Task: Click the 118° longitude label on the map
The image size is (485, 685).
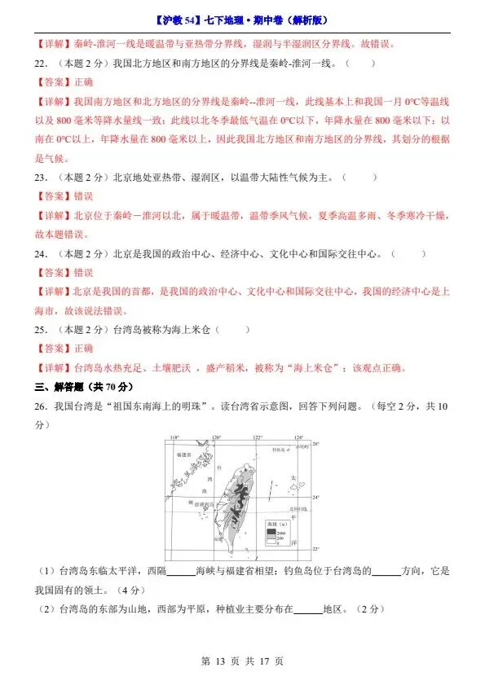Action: pyautogui.click(x=174, y=439)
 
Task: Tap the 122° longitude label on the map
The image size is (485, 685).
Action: pyautogui.click(x=257, y=439)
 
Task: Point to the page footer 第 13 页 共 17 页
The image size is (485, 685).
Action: pyautogui.click(x=242, y=661)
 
